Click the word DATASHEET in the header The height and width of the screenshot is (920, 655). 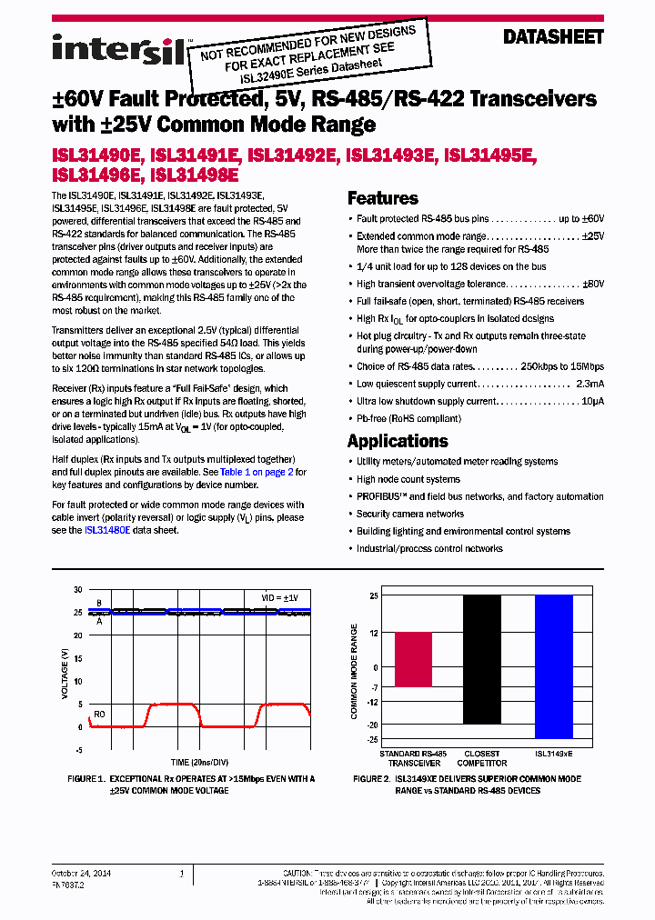click(553, 37)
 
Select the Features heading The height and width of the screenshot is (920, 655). click(383, 198)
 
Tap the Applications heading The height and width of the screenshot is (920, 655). click(398, 441)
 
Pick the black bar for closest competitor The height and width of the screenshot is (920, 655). click(481, 659)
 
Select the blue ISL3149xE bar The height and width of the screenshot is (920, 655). click(553, 666)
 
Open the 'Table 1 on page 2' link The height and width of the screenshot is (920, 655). click(254, 472)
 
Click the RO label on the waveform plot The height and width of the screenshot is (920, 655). click(99, 715)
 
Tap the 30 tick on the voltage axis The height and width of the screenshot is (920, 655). click(78, 589)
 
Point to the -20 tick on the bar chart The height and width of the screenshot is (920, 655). click(372, 725)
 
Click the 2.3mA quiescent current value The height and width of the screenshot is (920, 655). click(589, 385)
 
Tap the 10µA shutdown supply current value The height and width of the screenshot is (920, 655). click(591, 401)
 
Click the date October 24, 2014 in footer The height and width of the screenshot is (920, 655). click(79, 873)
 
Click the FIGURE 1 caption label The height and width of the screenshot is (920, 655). click(88, 779)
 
